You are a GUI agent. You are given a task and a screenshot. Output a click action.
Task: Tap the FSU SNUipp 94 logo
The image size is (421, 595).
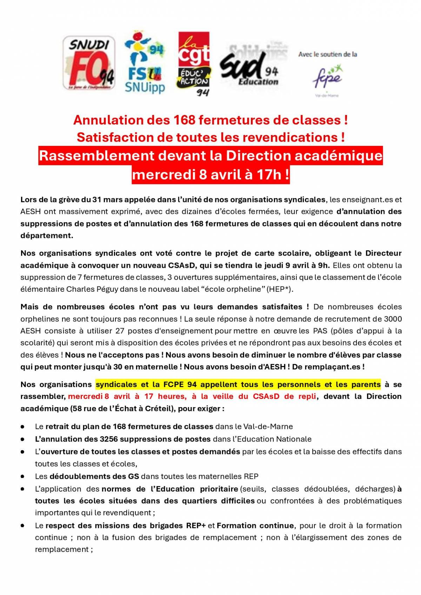144,63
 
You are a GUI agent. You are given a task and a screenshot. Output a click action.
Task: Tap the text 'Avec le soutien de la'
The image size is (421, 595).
328,54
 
